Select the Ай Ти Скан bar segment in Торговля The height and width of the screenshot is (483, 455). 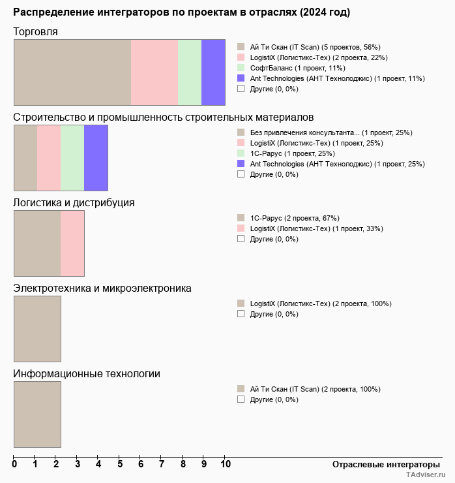click(x=72, y=72)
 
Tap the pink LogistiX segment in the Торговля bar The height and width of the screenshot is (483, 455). click(x=154, y=72)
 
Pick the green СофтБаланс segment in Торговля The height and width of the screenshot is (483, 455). click(x=190, y=72)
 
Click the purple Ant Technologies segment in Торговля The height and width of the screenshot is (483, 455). click(x=213, y=72)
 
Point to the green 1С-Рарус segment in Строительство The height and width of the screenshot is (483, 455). click(x=72, y=157)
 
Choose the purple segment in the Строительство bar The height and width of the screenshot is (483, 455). click(x=96, y=157)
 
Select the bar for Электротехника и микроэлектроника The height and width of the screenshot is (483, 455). click(x=37, y=328)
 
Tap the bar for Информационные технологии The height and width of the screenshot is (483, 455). click(x=37, y=414)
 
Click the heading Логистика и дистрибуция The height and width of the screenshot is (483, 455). click(x=74, y=202)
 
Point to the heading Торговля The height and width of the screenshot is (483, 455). click(x=35, y=31)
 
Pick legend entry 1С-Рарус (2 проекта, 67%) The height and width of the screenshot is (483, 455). click(x=294, y=218)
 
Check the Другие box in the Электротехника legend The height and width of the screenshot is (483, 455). click(x=241, y=314)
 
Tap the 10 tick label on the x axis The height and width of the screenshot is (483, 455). click(x=225, y=464)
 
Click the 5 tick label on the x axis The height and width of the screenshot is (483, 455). click(x=120, y=464)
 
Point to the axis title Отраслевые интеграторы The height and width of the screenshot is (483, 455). click(x=381, y=464)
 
